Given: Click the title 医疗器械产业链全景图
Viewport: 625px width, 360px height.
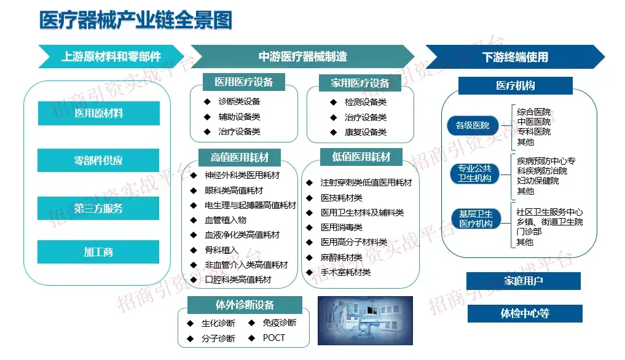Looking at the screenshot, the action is (136, 20).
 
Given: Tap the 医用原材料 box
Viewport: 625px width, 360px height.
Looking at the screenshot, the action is (99, 113).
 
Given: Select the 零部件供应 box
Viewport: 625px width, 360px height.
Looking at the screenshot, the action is (98, 160).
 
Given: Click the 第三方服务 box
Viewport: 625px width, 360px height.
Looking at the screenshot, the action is (98, 208).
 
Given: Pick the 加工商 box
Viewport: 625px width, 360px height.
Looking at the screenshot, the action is (98, 251).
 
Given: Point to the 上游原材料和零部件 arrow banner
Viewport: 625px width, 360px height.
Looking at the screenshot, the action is (111, 57).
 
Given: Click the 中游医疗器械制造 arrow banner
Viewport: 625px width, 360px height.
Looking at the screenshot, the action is (303, 57).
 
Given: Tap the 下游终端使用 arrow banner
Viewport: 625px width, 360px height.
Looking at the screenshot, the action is (515, 57).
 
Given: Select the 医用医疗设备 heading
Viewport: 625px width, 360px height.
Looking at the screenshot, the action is (244, 82).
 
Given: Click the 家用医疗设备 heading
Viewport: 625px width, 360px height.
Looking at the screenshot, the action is (360, 83).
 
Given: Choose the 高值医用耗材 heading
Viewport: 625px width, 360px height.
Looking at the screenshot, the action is (240, 157).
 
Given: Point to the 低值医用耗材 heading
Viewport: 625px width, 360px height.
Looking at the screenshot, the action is (361, 157).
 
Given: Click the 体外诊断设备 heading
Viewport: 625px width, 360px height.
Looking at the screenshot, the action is (245, 305).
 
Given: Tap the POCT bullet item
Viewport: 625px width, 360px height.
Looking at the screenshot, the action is (267, 338).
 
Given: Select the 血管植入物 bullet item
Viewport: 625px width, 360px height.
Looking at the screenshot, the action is (218, 220).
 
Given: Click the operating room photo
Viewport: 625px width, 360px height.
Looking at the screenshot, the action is (365, 321).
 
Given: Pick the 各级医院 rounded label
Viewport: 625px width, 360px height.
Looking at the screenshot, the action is (473, 125).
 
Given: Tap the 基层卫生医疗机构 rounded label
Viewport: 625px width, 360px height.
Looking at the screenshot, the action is (476, 219).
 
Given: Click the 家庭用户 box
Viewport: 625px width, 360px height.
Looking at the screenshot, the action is (524, 281).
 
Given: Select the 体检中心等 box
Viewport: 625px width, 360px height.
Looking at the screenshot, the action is (525, 313).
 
